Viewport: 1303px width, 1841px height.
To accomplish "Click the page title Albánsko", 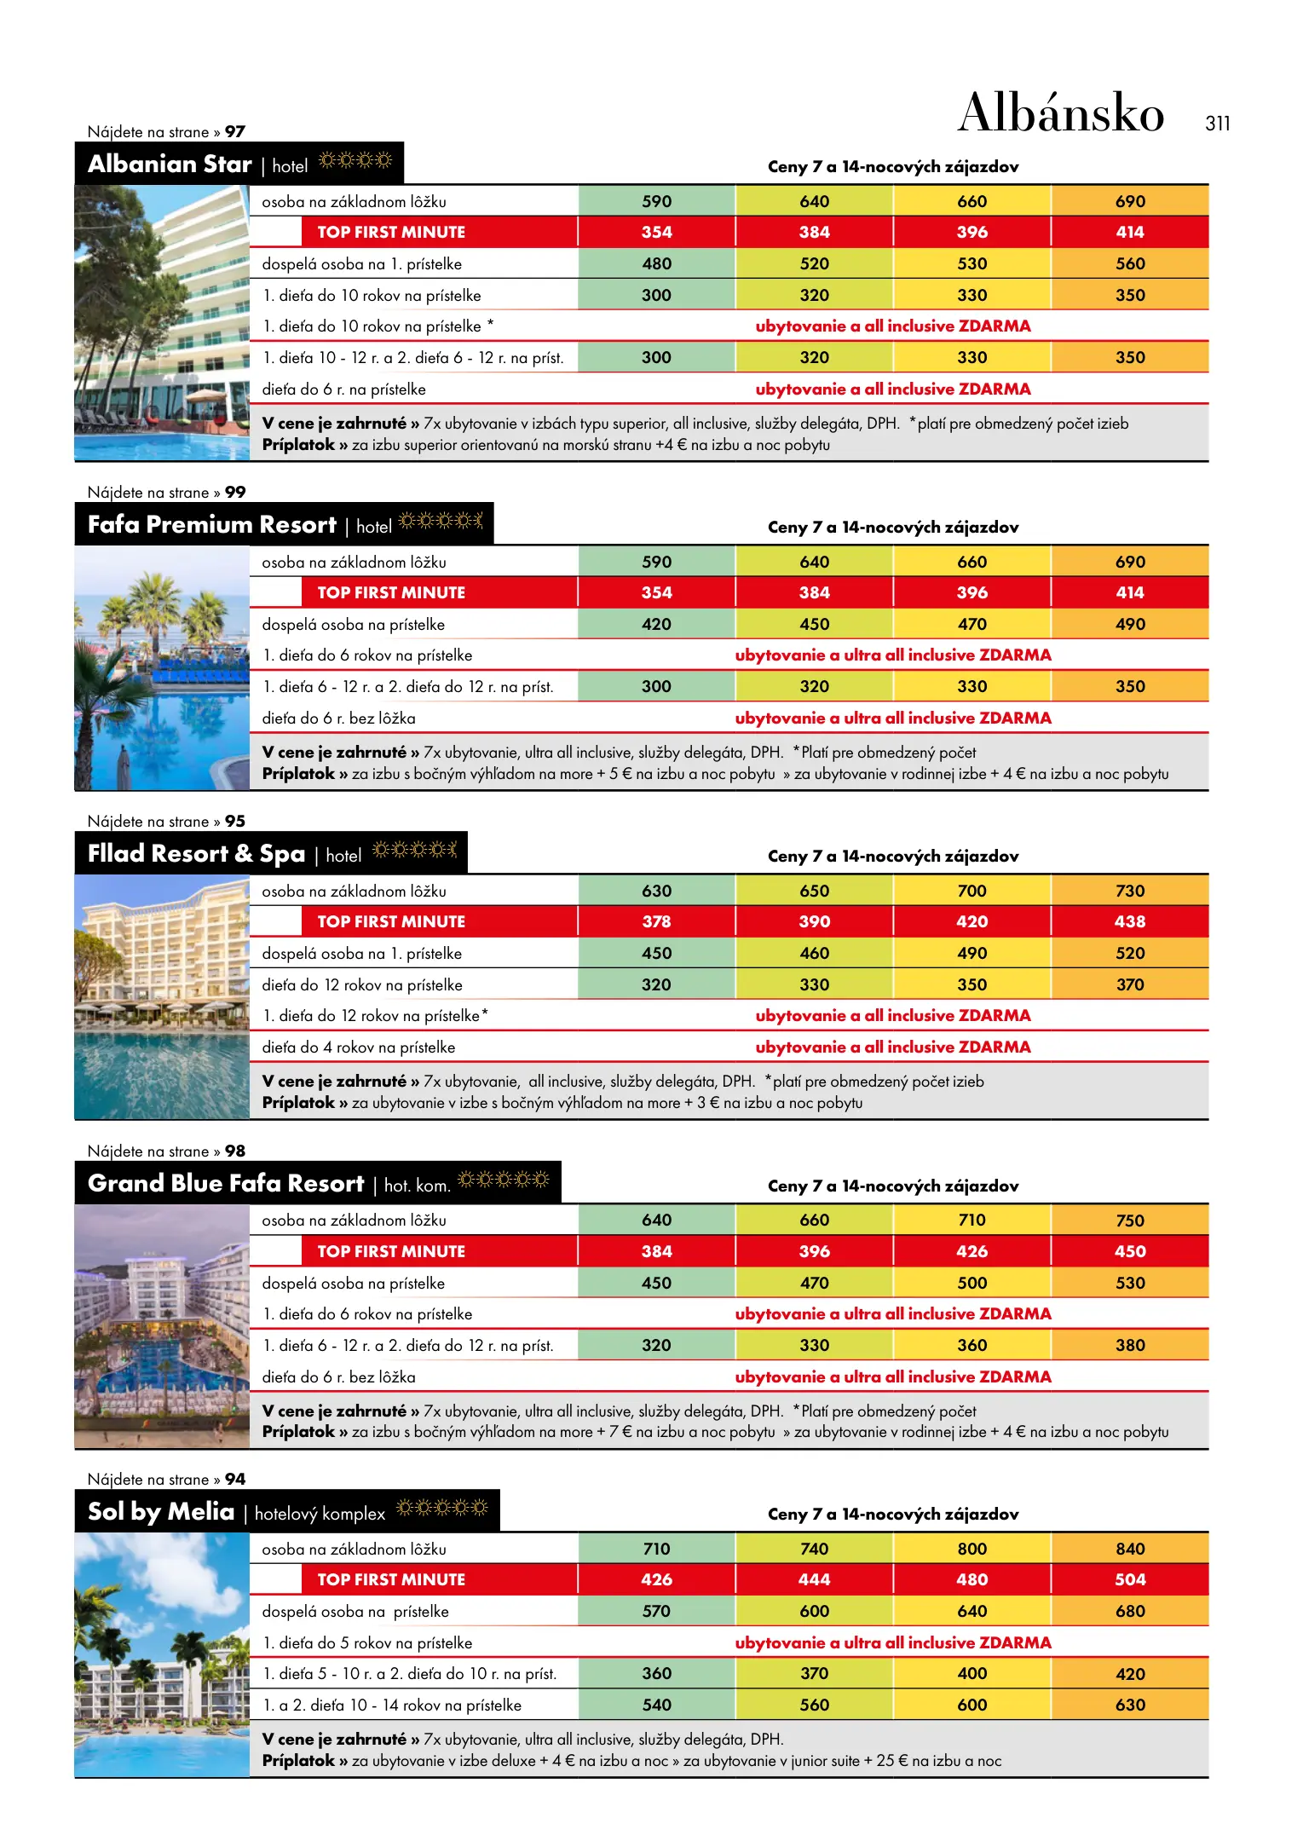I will (1060, 113).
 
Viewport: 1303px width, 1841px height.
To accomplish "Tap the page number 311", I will (1217, 124).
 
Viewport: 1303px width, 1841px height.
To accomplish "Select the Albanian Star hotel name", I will (170, 164).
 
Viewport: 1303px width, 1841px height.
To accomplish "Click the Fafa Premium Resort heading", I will (212, 524).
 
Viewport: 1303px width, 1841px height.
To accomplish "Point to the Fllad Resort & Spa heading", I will (196, 853).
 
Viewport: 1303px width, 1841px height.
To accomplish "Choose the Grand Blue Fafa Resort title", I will (226, 1183).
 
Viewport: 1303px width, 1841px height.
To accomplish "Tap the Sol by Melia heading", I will (161, 1511).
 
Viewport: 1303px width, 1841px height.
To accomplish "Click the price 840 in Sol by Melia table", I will (1130, 1549).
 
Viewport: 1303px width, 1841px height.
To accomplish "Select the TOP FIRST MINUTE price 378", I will (656, 921).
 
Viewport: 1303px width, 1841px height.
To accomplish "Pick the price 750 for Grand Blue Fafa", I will (1130, 1221).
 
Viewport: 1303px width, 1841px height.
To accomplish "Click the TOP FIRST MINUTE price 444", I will (814, 1579).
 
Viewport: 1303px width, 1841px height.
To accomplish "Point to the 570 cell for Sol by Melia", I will (656, 1611).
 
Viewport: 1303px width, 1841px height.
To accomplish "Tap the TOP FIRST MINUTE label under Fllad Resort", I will (391, 921).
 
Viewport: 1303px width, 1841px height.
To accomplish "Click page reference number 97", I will (235, 132).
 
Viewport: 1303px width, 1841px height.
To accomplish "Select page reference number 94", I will (235, 1480).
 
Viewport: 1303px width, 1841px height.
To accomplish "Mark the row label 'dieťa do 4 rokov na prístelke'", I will (359, 1047).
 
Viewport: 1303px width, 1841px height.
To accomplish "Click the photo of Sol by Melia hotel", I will (162, 1654).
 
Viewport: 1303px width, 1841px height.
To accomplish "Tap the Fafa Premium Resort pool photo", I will (162, 668).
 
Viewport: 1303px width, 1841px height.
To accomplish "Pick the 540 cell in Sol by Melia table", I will (656, 1705).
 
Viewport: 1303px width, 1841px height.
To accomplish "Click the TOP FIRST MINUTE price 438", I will (1130, 921).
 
